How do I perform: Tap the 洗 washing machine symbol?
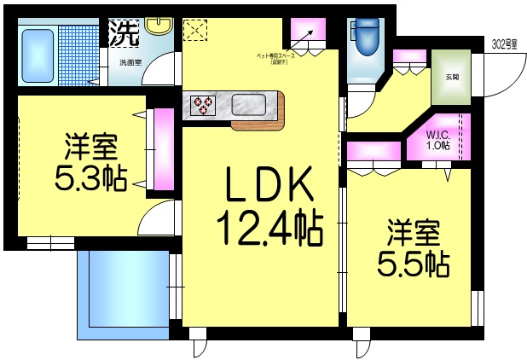[124, 34]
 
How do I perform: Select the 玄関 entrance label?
[451, 77]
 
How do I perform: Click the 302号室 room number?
[506, 44]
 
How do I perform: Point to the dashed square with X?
[195, 31]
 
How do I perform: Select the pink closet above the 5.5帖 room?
[374, 154]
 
